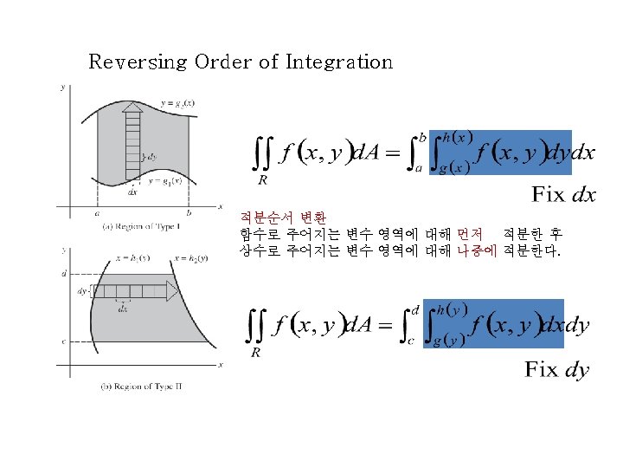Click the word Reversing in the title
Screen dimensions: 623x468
(138, 62)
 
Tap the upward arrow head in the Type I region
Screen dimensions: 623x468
(132, 108)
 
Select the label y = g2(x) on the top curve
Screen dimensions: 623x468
(177, 102)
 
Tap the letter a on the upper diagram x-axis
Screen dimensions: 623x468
(97, 212)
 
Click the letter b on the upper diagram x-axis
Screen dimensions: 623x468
(189, 212)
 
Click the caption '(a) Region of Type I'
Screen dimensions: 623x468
(141, 227)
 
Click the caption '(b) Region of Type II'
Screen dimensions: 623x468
(142, 386)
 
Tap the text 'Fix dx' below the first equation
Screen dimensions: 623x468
(563, 195)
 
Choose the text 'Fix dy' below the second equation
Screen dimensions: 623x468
(556, 370)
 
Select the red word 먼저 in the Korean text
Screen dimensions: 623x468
(470, 234)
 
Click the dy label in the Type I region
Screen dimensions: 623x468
(151, 157)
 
